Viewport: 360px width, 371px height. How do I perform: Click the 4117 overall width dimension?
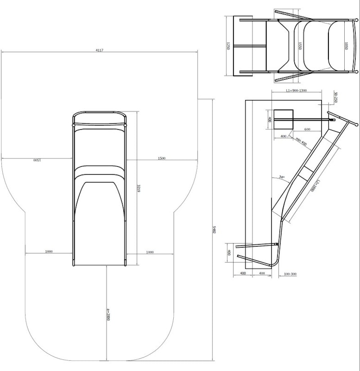pyautogui.click(x=99, y=50)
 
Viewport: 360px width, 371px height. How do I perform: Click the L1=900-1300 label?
pyautogui.click(x=296, y=90)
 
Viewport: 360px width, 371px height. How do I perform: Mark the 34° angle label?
pyautogui.click(x=282, y=176)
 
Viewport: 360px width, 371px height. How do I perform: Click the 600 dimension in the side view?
pyautogui.click(x=307, y=129)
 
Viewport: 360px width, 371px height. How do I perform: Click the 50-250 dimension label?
pyautogui.click(x=335, y=97)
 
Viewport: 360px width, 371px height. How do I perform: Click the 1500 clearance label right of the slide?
pyautogui.click(x=162, y=158)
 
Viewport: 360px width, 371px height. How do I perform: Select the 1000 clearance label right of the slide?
pyautogui.click(x=150, y=253)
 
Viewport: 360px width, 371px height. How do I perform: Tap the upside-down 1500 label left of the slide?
pyautogui.click(x=36, y=160)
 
